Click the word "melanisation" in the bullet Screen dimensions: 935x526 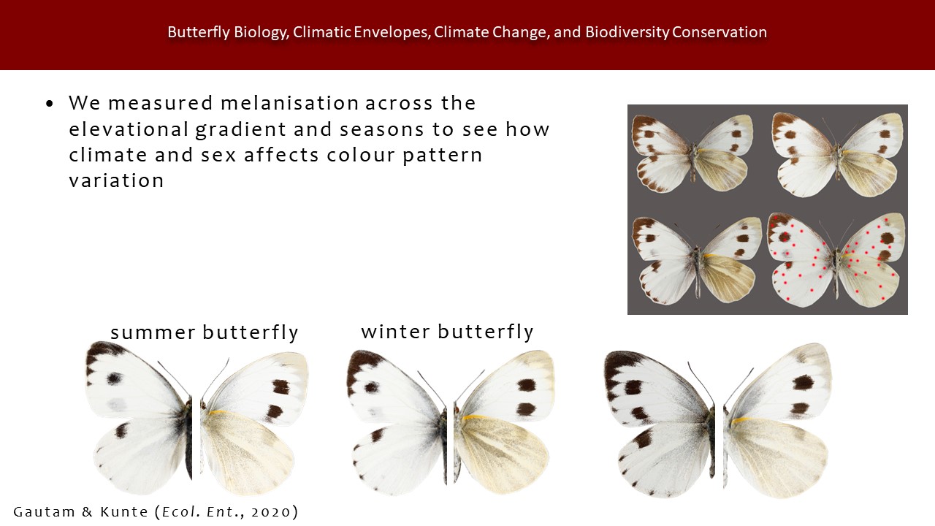[290, 103]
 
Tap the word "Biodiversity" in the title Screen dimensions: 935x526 [627, 32]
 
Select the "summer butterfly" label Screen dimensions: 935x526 [205, 332]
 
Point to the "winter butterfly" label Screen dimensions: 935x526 [448, 332]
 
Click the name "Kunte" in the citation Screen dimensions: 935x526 [124, 512]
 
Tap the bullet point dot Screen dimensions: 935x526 [50, 104]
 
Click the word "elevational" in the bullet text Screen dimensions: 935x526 [129, 129]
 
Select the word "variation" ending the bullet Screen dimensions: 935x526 [116, 180]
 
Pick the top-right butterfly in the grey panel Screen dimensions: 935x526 [838, 154]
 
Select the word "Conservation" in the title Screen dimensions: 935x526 [720, 32]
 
